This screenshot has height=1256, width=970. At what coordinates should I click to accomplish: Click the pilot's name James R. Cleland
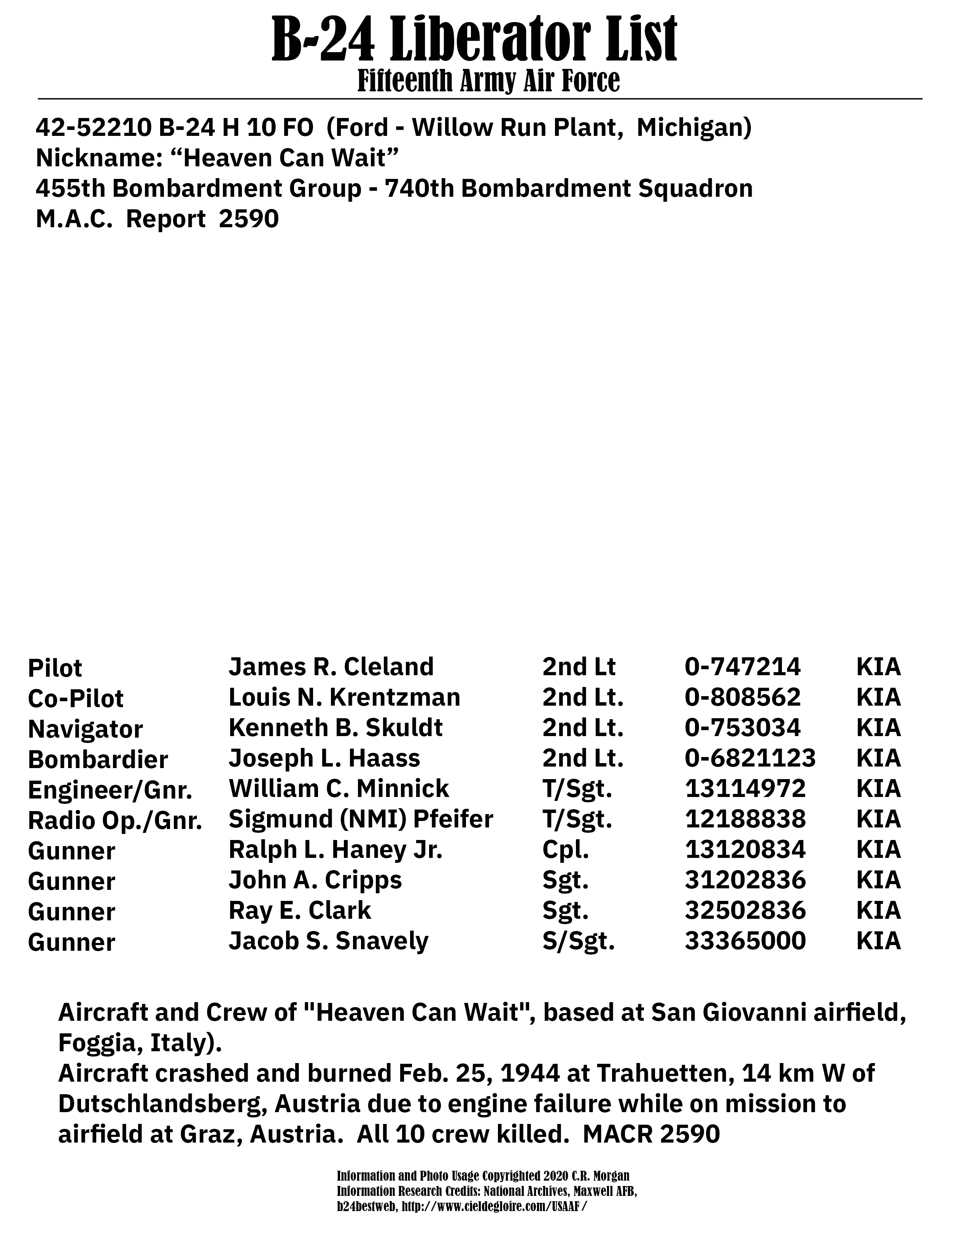click(x=331, y=666)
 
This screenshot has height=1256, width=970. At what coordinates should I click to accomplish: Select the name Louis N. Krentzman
click(x=344, y=697)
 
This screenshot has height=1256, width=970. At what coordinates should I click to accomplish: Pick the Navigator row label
click(x=85, y=729)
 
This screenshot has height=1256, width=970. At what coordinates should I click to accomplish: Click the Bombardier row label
click(x=98, y=760)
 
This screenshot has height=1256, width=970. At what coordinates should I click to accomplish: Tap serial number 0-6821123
click(x=750, y=758)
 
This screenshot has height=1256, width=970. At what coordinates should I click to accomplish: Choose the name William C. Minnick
click(x=339, y=789)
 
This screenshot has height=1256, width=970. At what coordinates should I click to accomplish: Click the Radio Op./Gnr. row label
click(x=115, y=821)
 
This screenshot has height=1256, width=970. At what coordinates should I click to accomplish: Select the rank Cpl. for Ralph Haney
click(x=565, y=850)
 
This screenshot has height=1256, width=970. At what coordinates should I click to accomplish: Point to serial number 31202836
click(x=745, y=880)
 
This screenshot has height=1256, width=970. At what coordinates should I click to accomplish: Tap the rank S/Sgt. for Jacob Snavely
click(x=578, y=941)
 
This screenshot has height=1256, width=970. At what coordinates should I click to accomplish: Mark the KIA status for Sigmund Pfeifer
click(x=878, y=819)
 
